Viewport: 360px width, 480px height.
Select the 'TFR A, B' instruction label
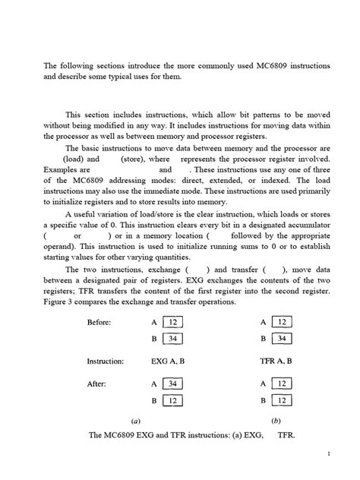pyautogui.click(x=276, y=362)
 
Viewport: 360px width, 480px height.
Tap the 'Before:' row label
pyautogui.click(x=99, y=322)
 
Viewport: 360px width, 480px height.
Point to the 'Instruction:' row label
pyautogui.click(x=106, y=362)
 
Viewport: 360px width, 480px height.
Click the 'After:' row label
pyautogui.click(x=96, y=384)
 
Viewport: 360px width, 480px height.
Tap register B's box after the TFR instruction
pyautogui.click(x=282, y=399)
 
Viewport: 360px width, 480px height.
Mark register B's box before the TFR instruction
pyautogui.click(x=282, y=338)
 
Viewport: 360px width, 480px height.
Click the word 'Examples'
pyautogui.click(x=61, y=169)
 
